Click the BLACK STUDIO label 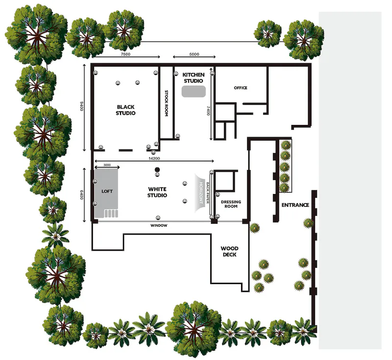tap(125, 110)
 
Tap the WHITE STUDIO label tap(157, 192)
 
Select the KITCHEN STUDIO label tap(194, 78)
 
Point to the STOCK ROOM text tap(167, 103)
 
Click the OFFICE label tap(241, 88)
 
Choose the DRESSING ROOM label tap(231, 204)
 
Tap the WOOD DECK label tap(229, 251)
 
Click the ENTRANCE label tap(295, 205)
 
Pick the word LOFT tap(107, 191)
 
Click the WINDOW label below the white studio tap(159, 225)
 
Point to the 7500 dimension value tap(125, 54)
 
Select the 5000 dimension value tap(194, 54)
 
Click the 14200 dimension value tap(154, 158)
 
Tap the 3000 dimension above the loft tap(107, 165)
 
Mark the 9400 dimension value tap(82, 106)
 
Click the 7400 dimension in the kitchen tap(208, 111)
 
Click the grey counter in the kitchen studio tap(194, 92)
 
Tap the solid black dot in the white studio tap(157, 170)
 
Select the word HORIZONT tap(201, 192)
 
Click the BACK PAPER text tap(207, 192)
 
